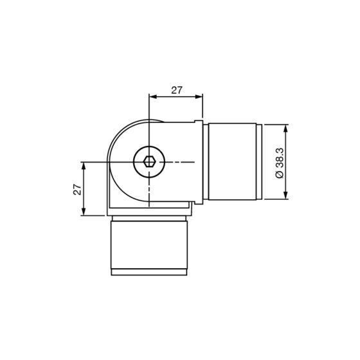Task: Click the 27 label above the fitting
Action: pos(176,90)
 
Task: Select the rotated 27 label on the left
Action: pos(76,189)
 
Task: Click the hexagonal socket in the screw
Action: pos(148,162)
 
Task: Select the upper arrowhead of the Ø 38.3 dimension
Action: pos(287,127)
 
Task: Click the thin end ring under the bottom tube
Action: pos(148,272)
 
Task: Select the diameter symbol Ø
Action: pos(278,175)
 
